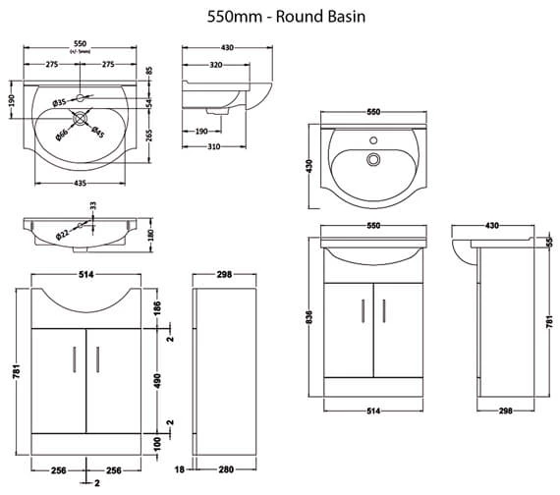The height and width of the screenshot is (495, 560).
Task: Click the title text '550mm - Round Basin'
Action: pyautogui.click(x=279, y=16)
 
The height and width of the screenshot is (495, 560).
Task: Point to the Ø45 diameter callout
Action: pyautogui.click(x=98, y=133)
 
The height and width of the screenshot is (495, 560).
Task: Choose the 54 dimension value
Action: pyautogui.click(x=148, y=103)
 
